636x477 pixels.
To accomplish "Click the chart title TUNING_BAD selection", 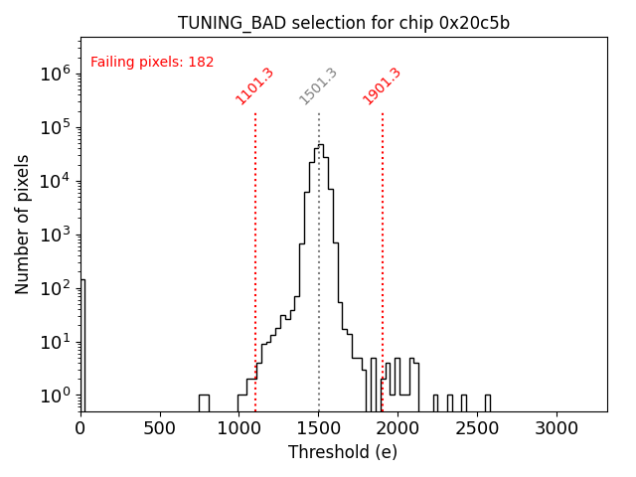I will pos(344,23).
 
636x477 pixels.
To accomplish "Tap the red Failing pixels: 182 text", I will pos(152,62).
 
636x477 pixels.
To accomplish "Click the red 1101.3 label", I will pos(254,86).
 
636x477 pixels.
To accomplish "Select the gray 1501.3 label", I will pos(318,86).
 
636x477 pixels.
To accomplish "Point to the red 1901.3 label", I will pos(382,86).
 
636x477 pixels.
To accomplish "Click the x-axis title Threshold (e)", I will pos(343,452).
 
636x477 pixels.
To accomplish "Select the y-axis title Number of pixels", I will pos(23,224).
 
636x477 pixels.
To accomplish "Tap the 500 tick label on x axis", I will pos(160,428).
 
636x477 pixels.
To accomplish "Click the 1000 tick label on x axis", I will pos(238,428).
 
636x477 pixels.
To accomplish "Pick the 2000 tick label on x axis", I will pos(397,428).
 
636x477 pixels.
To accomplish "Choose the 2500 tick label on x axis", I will pos(477,428).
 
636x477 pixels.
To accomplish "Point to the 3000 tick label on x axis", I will pos(556,428).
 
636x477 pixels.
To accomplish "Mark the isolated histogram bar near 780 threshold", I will pos(204,402).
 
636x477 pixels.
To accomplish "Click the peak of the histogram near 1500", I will pos(320,146).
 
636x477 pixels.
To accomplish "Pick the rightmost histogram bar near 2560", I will pos(487,402).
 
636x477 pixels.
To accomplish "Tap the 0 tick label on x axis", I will pos(80,428).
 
